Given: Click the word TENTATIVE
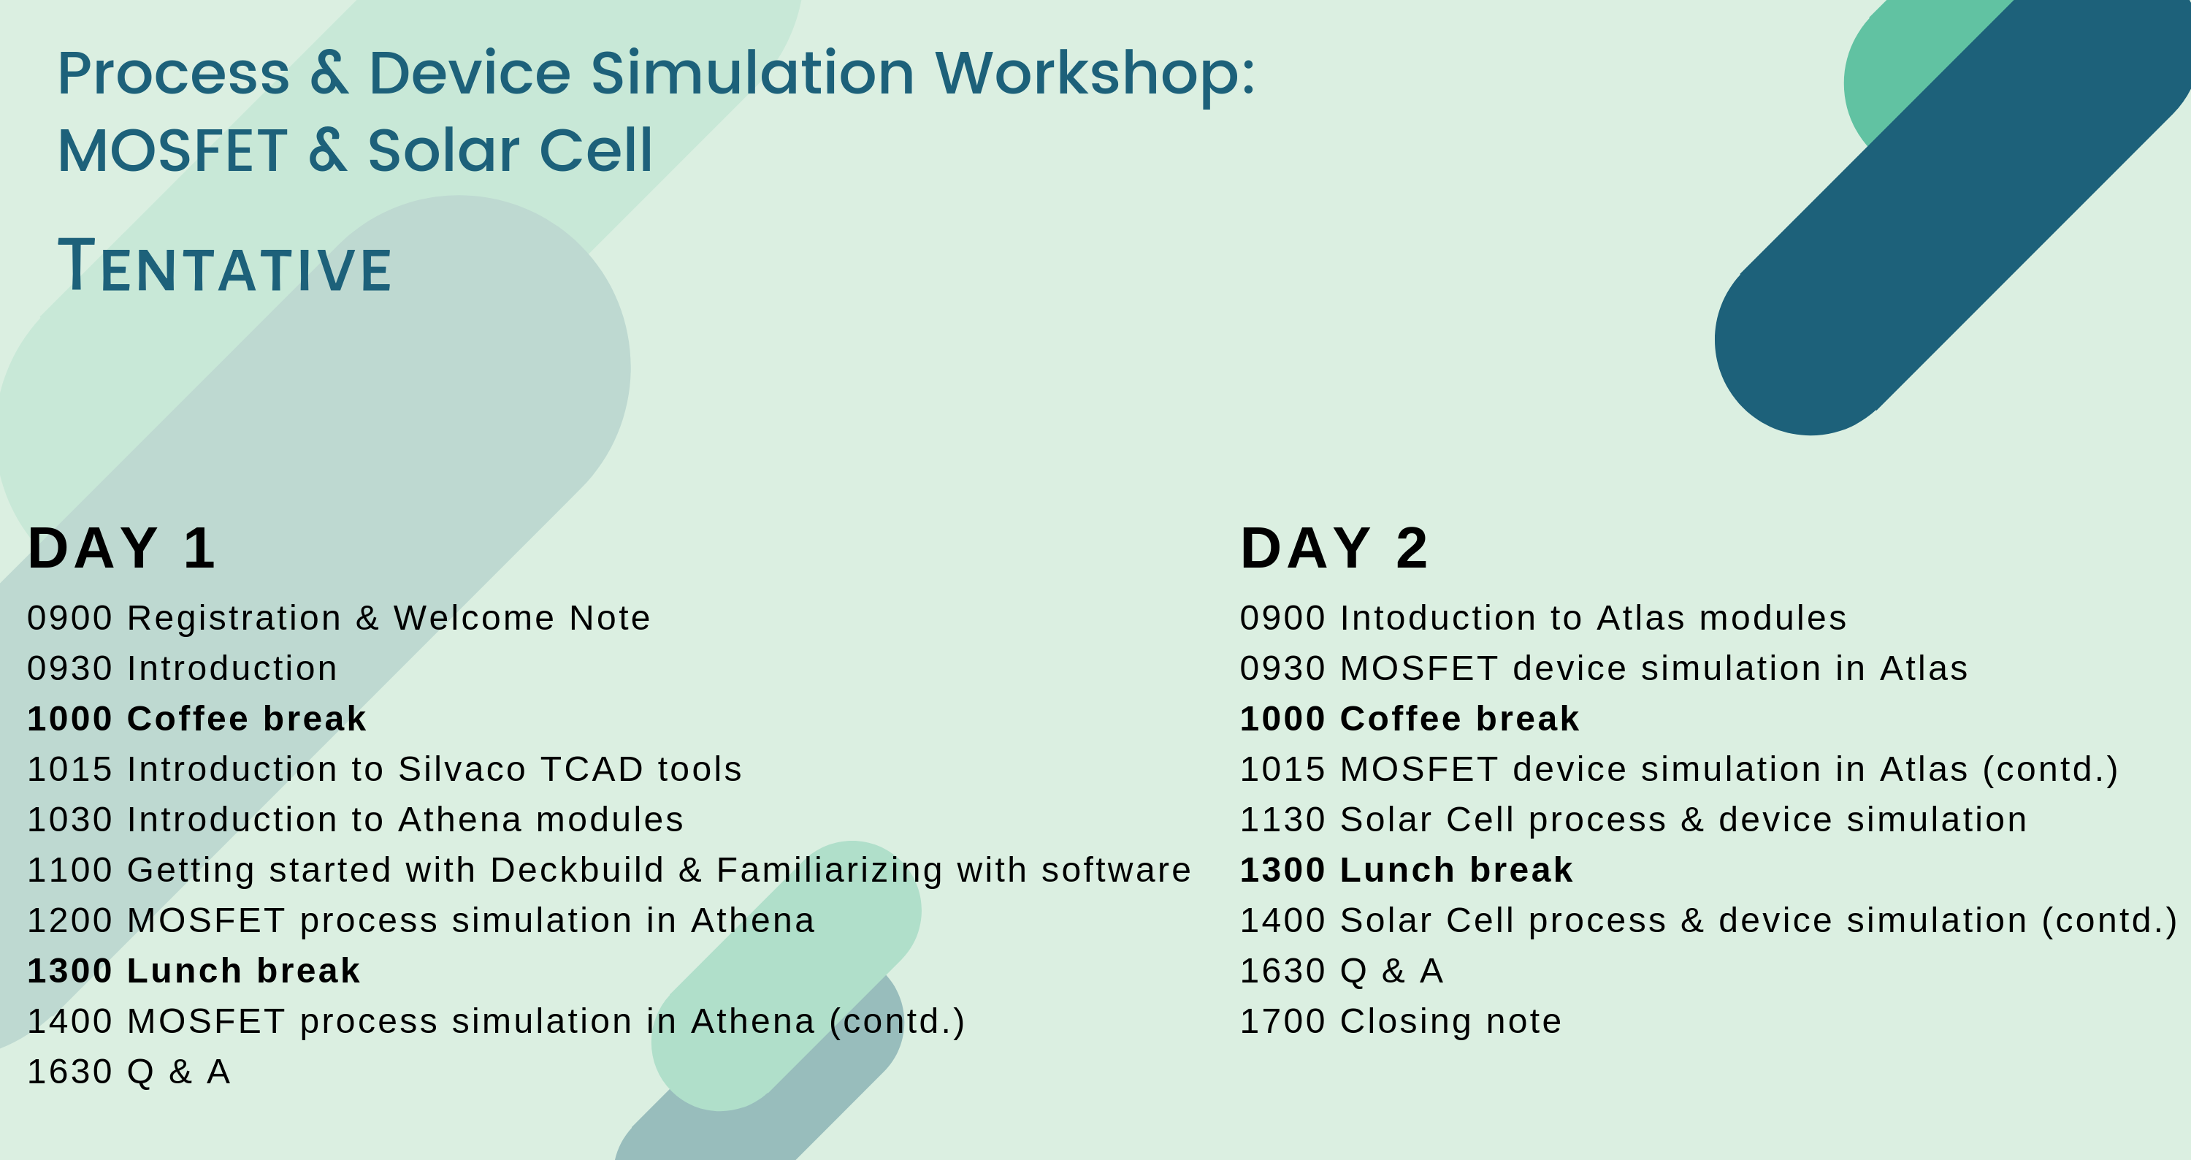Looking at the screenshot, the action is coord(224,265).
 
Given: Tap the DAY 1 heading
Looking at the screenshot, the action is coord(122,548).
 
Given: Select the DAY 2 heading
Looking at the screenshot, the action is coord(1334,548).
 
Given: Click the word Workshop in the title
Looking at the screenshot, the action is coord(1095,75).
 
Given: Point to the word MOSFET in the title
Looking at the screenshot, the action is coord(172,151).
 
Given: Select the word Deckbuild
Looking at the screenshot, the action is coord(577,870).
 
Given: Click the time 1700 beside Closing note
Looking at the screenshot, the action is coord(1282,1021).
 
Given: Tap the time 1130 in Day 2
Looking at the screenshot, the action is coord(1282,820).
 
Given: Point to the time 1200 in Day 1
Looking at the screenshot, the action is coord(69,920).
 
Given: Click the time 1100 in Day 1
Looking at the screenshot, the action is coord(69,870).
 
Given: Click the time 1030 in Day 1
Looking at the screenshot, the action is coord(69,820).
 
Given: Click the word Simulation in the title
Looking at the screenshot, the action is coord(753,73).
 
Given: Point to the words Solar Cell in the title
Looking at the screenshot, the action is coord(511,151).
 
